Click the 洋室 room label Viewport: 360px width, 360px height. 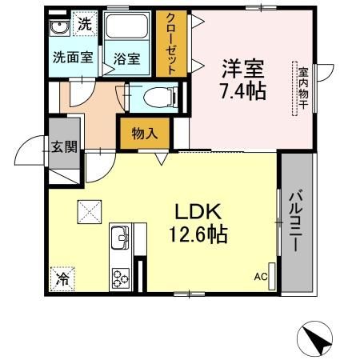click(244, 68)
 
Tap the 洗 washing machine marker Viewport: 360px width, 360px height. click(84, 26)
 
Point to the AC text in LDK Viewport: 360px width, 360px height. click(261, 277)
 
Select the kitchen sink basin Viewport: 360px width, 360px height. click(121, 238)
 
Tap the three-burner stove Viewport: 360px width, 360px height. click(121, 278)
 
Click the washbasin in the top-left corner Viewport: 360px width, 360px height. click(58, 28)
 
